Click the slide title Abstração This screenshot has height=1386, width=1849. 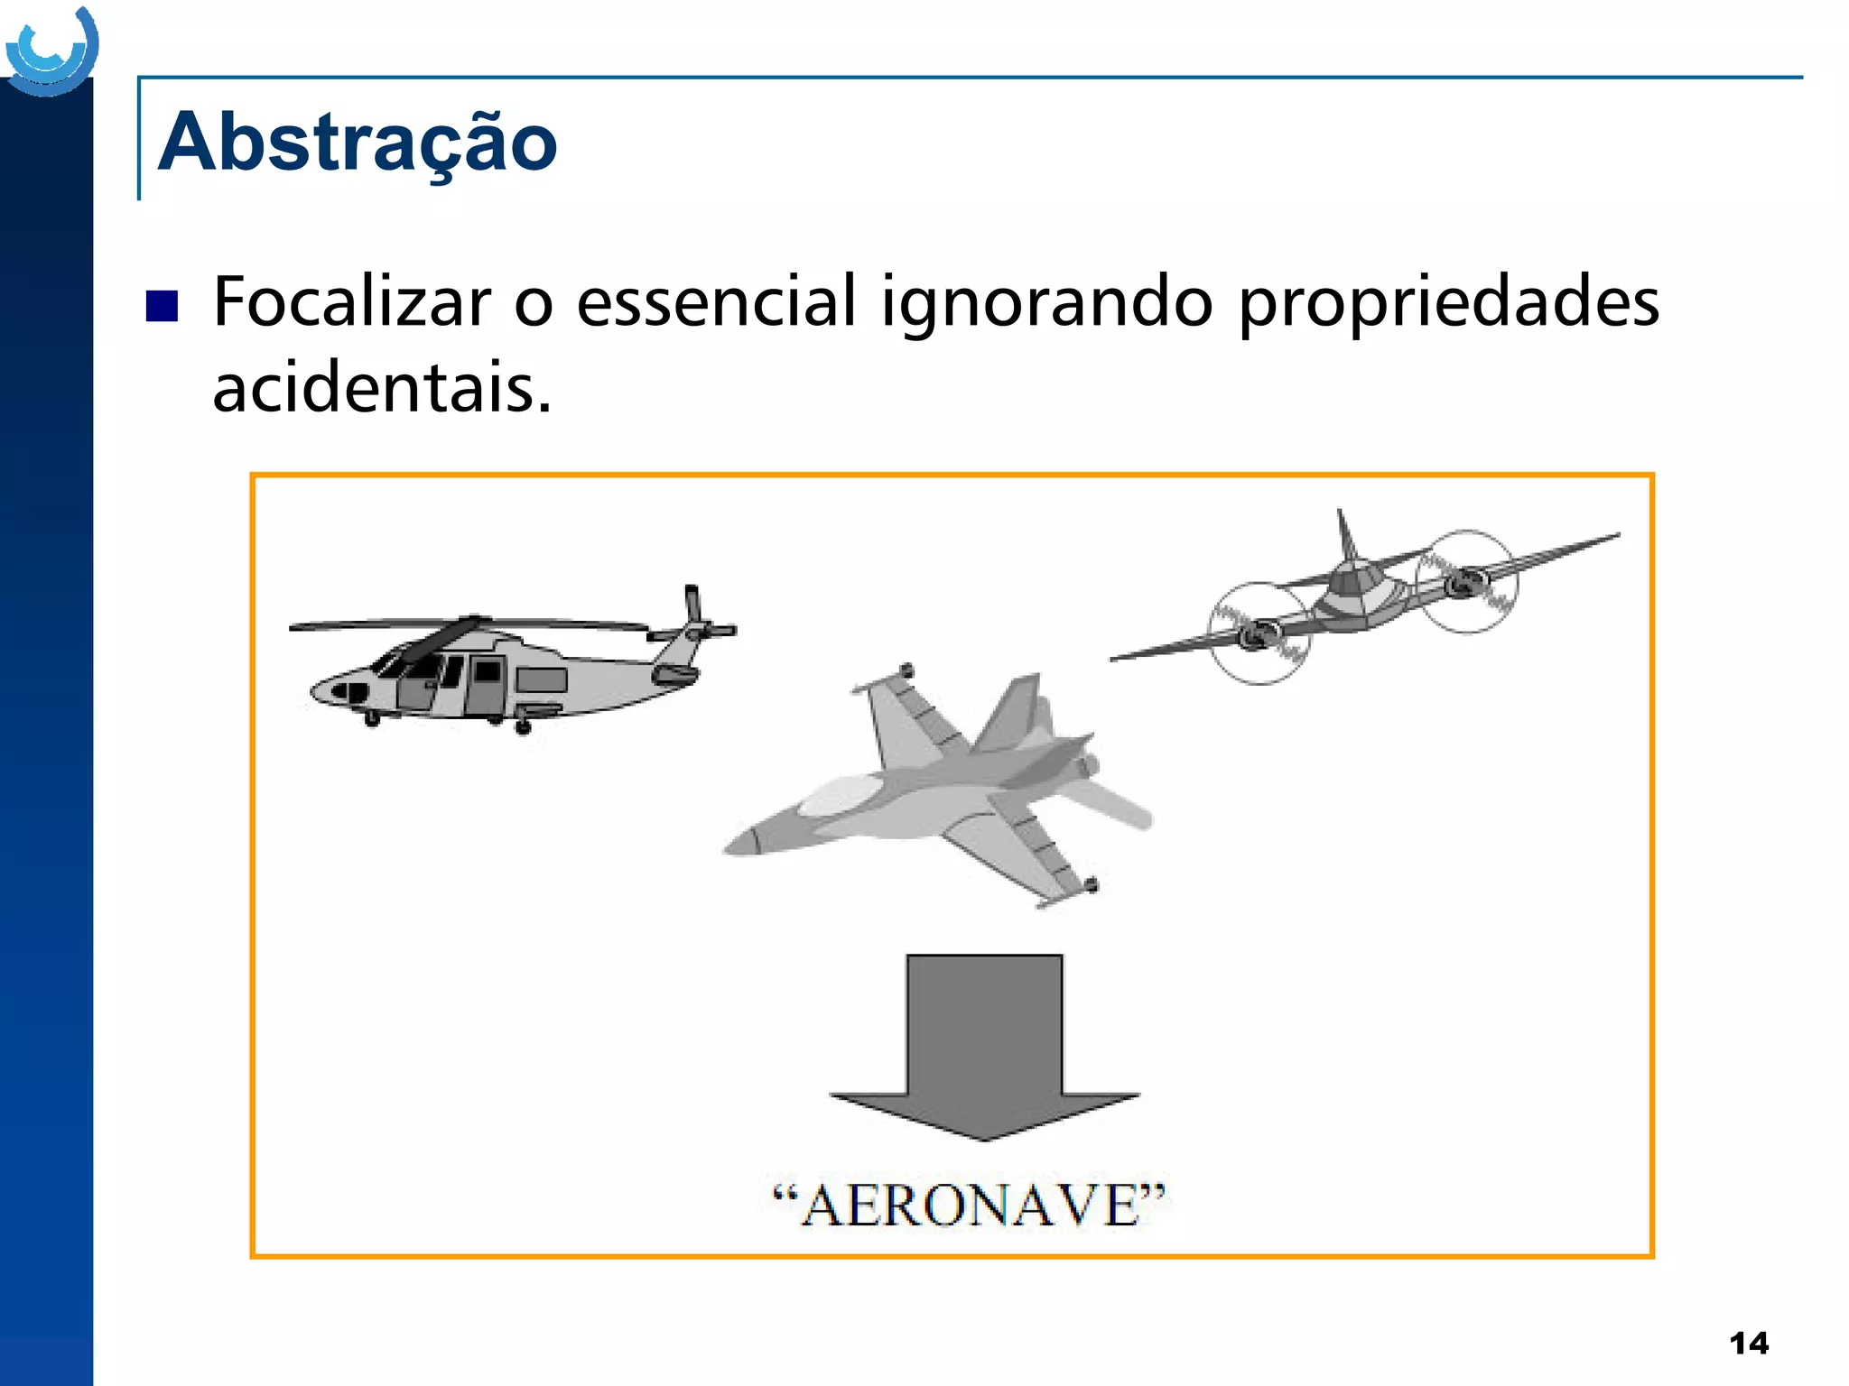pyautogui.click(x=358, y=143)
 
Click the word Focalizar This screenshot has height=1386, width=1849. pyautogui.click(x=352, y=302)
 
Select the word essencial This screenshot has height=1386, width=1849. pyautogui.click(x=715, y=302)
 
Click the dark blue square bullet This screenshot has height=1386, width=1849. pyautogui.click(x=162, y=306)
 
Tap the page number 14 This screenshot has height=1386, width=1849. pyautogui.click(x=1749, y=1344)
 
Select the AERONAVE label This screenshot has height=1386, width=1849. pyautogui.click(x=970, y=1206)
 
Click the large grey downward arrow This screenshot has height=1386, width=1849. pyautogui.click(x=984, y=1047)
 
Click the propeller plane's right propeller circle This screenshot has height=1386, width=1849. pyautogui.click(x=1467, y=582)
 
